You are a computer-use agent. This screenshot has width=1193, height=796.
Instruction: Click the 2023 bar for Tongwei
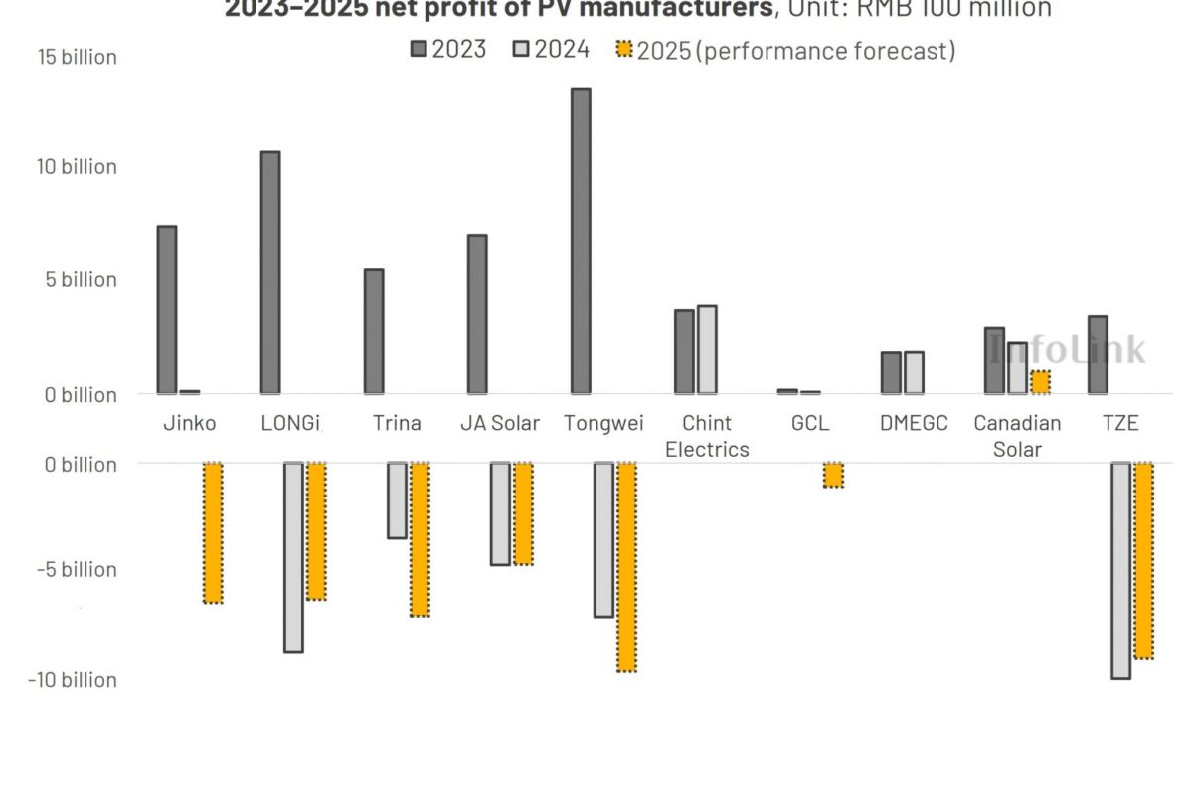pos(581,241)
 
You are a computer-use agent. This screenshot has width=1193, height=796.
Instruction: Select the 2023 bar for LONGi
pos(270,273)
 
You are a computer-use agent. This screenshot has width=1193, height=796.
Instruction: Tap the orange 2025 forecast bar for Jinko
pos(213,532)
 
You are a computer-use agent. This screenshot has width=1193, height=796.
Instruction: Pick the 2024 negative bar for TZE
pos(1120,569)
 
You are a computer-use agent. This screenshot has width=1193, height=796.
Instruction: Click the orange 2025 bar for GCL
pos(833,475)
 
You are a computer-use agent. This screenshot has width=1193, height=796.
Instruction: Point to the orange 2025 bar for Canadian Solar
pos(1040,382)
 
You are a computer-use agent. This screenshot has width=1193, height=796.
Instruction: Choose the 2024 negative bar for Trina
pos(397,499)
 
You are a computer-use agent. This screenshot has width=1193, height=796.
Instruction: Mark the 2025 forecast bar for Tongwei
pos(626,566)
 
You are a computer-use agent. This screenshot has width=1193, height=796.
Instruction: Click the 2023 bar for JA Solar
pos(477,314)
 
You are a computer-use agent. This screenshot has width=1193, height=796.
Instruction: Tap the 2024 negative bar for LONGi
pos(293,556)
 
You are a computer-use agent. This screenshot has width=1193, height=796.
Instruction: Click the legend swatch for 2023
pos(420,49)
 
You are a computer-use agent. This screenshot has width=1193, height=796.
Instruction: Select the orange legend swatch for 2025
pos(624,49)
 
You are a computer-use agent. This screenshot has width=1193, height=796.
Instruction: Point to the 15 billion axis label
pos(78,57)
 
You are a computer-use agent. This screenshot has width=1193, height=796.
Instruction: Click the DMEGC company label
pos(914,423)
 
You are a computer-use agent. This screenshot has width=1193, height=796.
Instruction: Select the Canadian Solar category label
pos(1017,435)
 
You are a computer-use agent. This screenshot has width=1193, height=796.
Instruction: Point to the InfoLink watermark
pos(1066,349)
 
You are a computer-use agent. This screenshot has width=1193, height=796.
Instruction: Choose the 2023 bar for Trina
pos(374,330)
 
